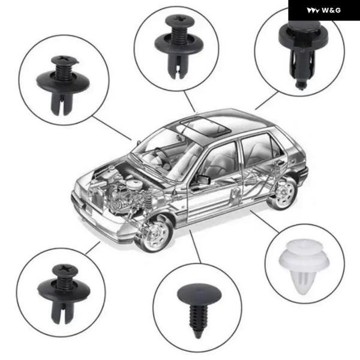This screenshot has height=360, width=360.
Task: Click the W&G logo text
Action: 331,10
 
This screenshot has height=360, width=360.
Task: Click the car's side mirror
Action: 204,179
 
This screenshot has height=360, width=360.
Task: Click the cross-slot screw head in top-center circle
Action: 179,20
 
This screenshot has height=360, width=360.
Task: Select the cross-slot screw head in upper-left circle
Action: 65,60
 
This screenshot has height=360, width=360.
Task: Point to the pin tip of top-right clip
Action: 301,86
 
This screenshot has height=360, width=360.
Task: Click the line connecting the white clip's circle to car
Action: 265,221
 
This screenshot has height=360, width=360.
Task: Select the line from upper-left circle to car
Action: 112,128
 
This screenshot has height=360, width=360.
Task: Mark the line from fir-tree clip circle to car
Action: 195,247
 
